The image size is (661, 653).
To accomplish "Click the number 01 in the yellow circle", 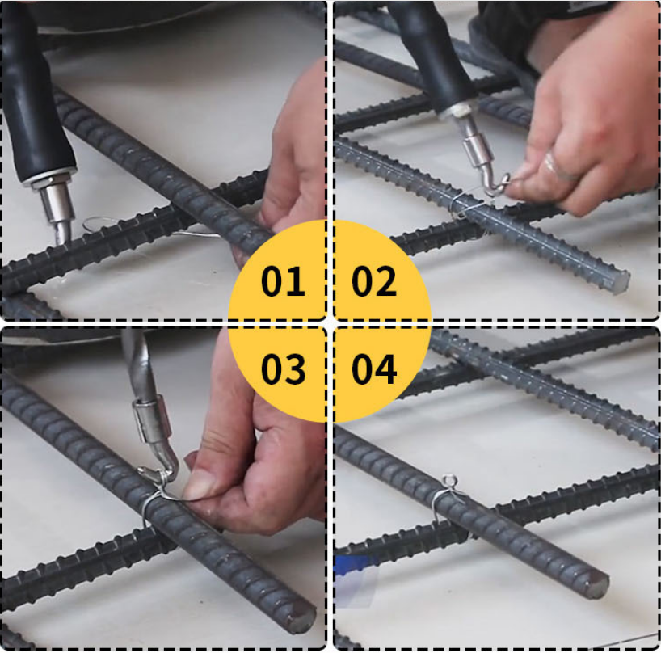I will [283, 280].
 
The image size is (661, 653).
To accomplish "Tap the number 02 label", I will [374, 280].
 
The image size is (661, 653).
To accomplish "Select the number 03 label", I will [283, 369].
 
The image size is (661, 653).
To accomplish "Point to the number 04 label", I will [374, 369].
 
